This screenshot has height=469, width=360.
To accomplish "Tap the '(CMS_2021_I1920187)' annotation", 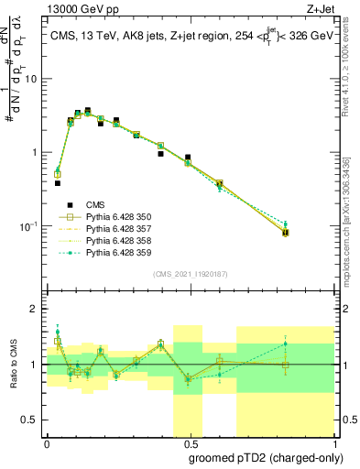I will (x=189, y=273).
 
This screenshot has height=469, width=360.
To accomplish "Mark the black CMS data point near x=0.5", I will (x=188, y=158).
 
